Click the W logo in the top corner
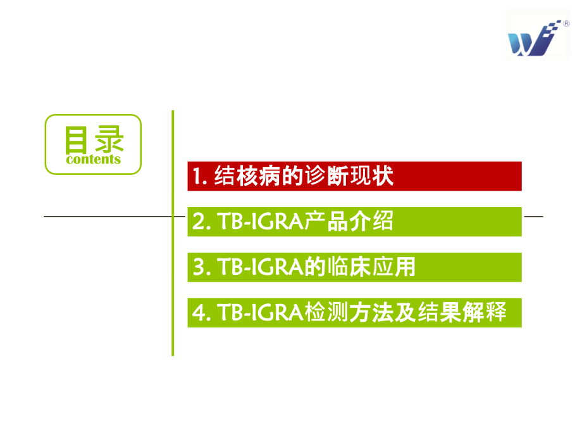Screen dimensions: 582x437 [534, 39]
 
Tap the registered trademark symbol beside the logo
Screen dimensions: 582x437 [566, 24]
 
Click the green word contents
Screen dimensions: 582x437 [94, 160]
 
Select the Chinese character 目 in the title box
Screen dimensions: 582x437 [76, 140]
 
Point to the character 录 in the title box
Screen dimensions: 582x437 [109, 139]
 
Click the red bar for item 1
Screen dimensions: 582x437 [354, 176]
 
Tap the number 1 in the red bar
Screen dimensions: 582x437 [197, 176]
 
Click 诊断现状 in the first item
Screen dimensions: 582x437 [349, 176]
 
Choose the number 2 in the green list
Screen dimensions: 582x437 [198, 222]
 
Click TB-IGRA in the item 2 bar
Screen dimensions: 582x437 [261, 222]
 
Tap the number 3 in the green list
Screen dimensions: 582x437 [199, 267]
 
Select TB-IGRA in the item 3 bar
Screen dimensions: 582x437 [261, 267]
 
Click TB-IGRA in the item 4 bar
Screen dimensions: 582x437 [261, 312]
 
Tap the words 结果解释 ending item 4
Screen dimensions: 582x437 [462, 312]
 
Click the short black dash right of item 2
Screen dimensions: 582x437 [534, 216]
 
